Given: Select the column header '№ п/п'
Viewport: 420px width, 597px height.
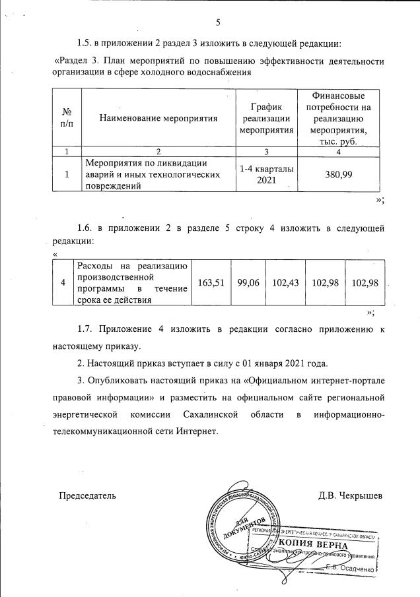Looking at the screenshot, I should (x=66, y=117).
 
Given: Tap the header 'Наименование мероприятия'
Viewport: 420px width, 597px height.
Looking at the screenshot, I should (x=158, y=117).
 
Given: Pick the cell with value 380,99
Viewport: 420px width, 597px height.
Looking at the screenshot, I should (x=338, y=175).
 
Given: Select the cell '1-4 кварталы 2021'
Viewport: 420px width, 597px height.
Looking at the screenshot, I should (x=267, y=175).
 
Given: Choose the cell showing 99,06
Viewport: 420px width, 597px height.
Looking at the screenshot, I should (x=250, y=282).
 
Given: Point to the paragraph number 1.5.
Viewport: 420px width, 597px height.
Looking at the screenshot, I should (x=87, y=44).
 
